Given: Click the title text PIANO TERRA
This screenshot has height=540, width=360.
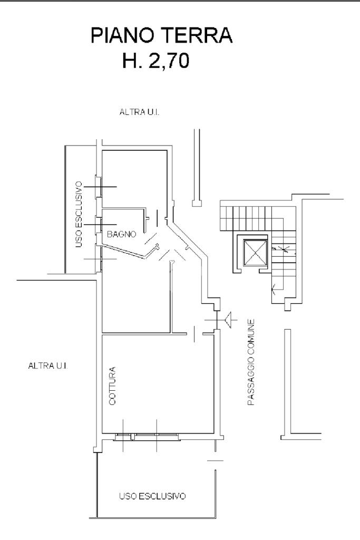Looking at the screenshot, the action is tap(162, 37).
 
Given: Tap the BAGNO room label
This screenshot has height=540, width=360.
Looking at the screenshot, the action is tap(122, 234).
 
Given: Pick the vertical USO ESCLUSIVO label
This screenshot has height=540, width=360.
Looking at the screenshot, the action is tap(80, 214).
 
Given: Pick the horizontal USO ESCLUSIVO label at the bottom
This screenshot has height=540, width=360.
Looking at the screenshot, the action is tap(152, 497).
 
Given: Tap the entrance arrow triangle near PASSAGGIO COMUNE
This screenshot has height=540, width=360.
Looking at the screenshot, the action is tap(229, 319).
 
